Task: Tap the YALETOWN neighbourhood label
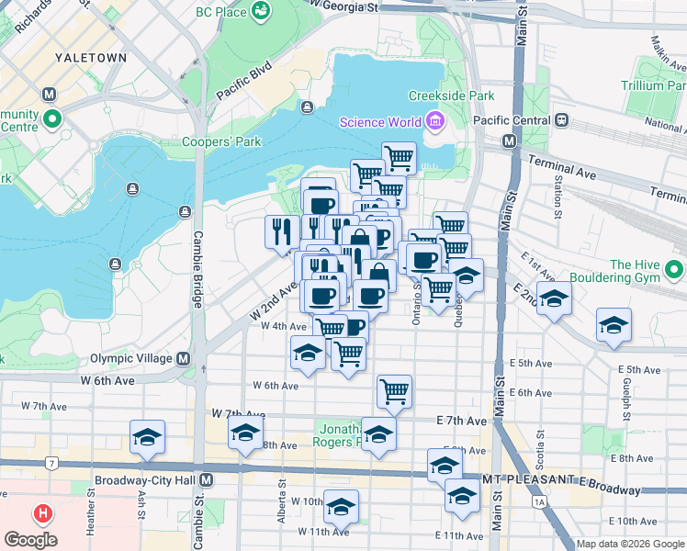click(x=90, y=57)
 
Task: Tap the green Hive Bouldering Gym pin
click(x=674, y=270)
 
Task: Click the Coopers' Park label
click(x=221, y=141)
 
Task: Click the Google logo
click(x=30, y=539)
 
